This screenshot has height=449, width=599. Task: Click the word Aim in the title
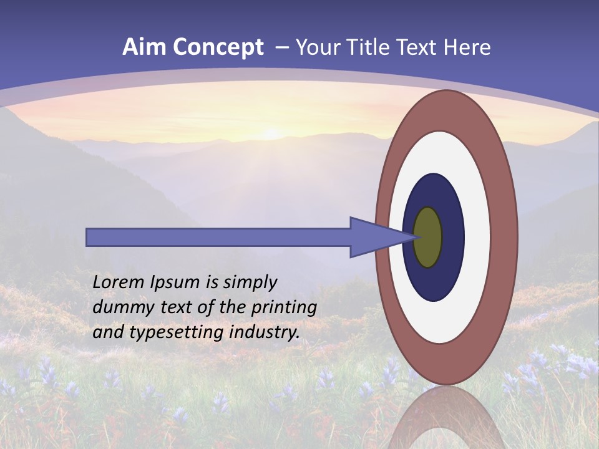144,47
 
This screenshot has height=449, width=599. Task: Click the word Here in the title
467,47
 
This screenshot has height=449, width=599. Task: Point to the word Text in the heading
421,47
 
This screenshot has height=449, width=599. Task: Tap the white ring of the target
477,237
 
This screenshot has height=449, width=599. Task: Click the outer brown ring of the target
505,237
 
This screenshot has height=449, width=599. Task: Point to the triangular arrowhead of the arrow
374,237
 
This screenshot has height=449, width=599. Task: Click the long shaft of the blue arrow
218,237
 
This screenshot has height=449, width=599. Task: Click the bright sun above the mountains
272,133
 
